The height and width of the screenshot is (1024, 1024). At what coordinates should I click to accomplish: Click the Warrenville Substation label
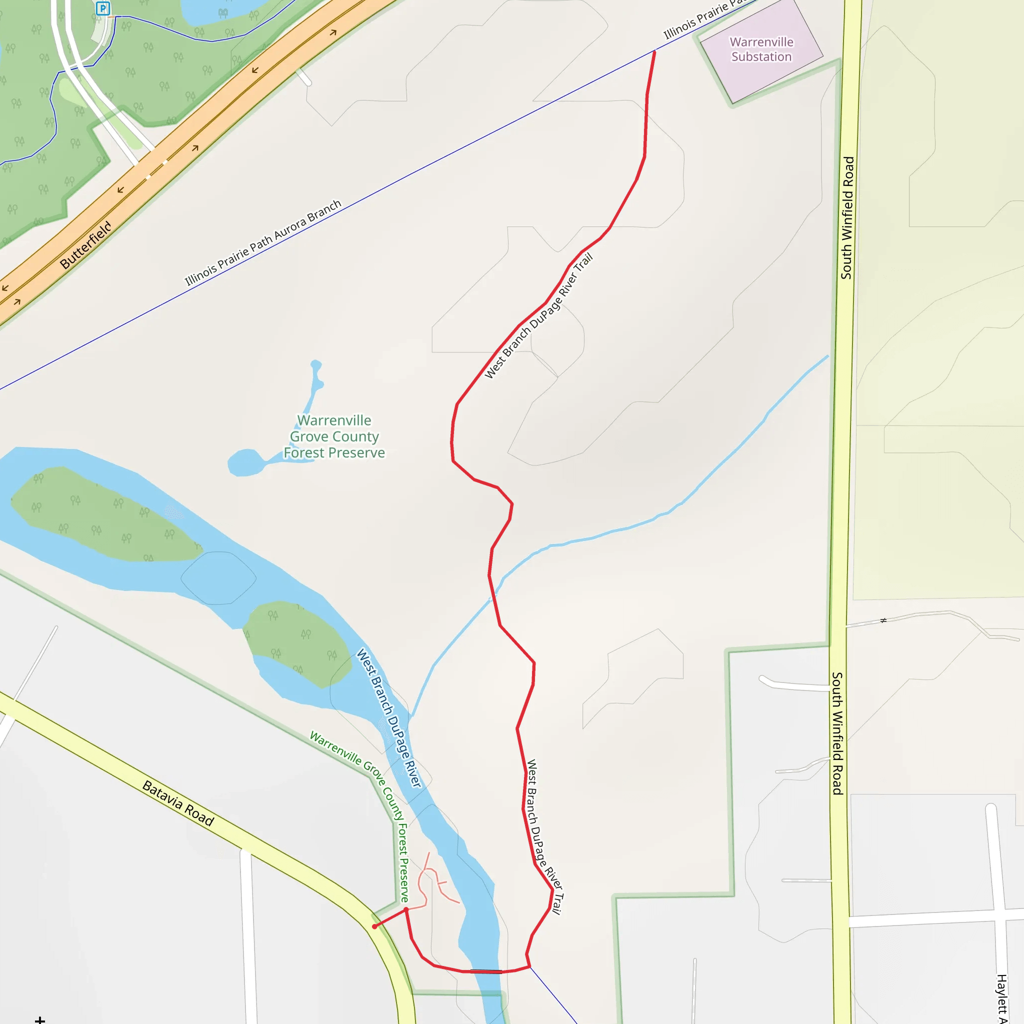point(761,49)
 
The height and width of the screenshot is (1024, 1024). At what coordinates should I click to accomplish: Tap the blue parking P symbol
point(103,8)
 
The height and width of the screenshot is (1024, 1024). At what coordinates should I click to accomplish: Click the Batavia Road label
point(178,803)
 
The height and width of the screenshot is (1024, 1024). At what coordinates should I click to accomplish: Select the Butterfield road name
point(86,245)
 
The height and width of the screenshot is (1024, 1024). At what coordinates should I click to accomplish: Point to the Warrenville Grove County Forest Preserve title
point(334,436)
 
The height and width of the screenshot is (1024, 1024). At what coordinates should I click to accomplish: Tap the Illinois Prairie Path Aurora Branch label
point(263,242)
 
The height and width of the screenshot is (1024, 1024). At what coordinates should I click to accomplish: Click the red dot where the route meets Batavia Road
point(374,926)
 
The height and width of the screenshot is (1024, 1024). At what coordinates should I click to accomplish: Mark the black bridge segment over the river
point(486,971)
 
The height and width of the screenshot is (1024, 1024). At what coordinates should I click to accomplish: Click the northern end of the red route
point(654,51)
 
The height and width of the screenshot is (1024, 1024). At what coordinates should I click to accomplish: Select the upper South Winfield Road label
point(847,217)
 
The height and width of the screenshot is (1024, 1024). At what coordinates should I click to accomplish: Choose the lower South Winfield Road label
point(837,733)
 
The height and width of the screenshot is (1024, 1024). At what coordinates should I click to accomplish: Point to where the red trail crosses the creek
point(493,598)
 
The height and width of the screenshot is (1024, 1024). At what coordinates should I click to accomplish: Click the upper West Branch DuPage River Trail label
point(538,316)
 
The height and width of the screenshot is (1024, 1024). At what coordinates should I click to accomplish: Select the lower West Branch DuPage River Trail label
point(544,837)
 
